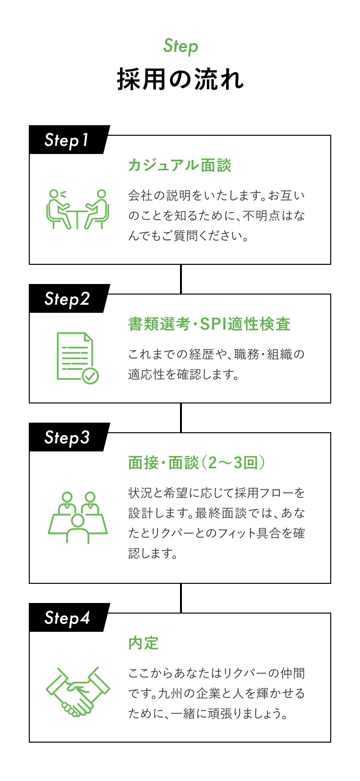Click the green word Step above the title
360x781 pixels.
coord(180,47)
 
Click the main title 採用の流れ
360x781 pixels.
coord(180,79)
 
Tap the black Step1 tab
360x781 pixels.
coord(67,140)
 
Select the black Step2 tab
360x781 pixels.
coord(67,298)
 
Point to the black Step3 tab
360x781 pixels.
coord(67,437)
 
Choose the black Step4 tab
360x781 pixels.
coord(67,617)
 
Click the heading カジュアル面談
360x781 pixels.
coord(180,166)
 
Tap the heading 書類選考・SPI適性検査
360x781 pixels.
coord(209,324)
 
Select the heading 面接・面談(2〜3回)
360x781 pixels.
coord(197,462)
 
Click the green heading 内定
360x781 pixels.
coord(143,643)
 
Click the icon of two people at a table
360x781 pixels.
coord(77,209)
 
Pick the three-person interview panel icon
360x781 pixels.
coord(77,517)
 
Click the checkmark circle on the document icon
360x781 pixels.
coord(90,376)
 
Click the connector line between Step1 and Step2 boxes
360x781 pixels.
coord(180,279)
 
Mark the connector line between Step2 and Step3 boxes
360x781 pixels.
coord(180,417)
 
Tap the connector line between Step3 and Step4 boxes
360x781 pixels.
coord(180,598)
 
